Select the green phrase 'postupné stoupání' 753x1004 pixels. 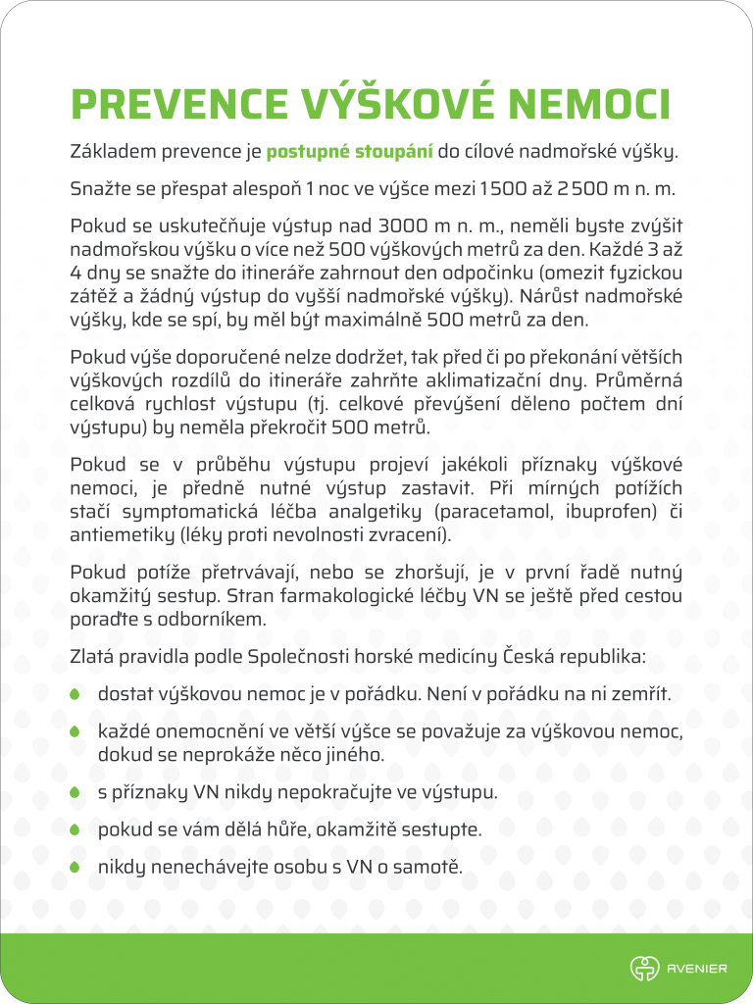[x=350, y=152]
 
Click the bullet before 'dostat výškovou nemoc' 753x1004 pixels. [x=75, y=695]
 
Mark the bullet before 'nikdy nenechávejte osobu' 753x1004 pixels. [x=75, y=868]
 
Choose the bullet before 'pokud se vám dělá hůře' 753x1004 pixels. [x=75, y=829]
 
